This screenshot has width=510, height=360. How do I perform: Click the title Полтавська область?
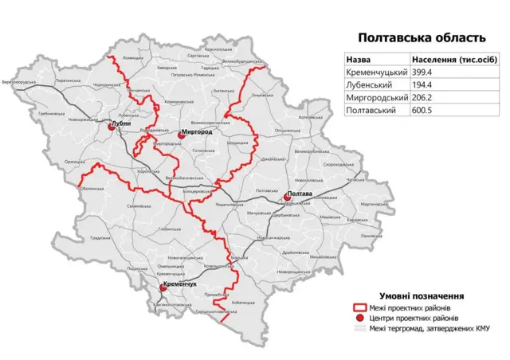tap(421, 37)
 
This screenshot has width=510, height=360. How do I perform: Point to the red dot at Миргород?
tap(182, 135)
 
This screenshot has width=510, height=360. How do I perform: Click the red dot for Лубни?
tap(110, 127)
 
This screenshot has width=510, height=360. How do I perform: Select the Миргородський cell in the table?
tap(376, 98)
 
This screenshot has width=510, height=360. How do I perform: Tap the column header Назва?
tap(359, 60)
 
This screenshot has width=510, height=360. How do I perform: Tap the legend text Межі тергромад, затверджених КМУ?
tap(428, 328)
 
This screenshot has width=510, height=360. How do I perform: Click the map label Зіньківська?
tap(262, 96)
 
